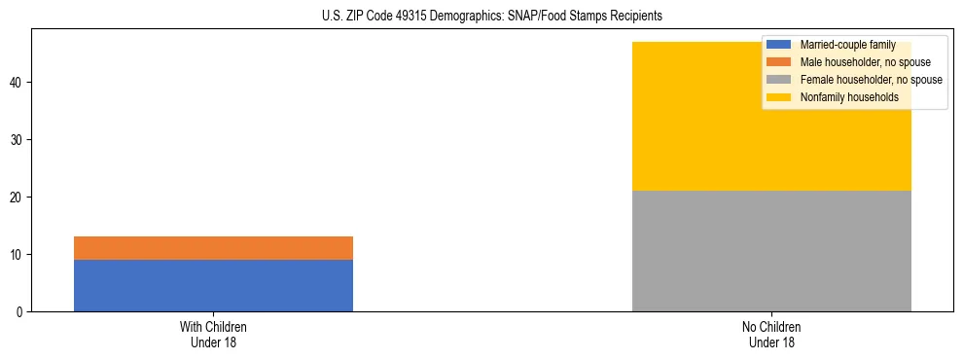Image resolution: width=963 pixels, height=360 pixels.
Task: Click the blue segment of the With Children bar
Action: coord(213,285)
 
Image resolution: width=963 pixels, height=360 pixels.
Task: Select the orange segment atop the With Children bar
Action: coord(213,248)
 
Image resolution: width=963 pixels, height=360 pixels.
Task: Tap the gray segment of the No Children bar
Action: coord(771,251)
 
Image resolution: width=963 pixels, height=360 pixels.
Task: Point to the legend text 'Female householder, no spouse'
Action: coord(871,80)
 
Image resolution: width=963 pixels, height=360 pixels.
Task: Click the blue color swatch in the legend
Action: coord(779,45)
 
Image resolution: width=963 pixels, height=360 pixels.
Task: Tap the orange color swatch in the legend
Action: coord(779,62)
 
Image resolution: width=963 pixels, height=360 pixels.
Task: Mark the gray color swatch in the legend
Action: coord(779,80)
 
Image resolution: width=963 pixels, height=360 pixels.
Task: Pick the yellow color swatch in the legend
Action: coord(779,97)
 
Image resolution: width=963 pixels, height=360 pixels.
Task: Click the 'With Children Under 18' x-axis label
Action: coord(213,335)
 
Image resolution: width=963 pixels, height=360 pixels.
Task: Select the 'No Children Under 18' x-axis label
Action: coord(771,335)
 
